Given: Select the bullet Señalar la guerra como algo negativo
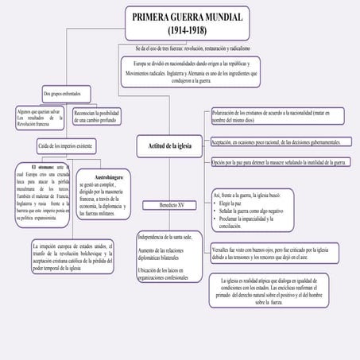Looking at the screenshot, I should click(x=251, y=211).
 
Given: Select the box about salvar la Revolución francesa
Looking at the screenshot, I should click(x=37, y=118).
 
